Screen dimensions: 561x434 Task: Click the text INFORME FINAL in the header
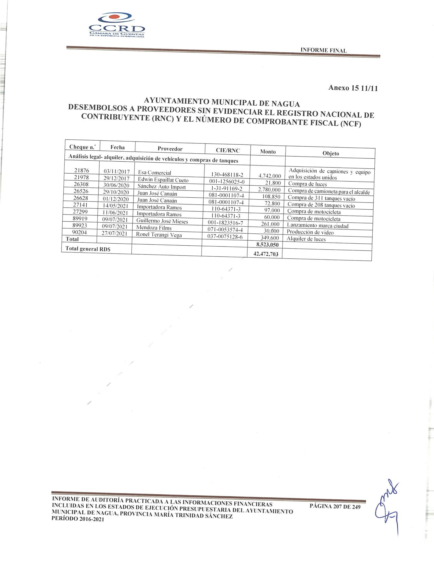(x=323, y=50)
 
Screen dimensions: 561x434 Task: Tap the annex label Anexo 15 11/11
(x=353, y=88)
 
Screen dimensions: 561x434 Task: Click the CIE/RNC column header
(x=227, y=150)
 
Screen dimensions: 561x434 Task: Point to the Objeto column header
(x=331, y=153)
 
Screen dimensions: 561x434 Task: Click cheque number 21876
(x=82, y=170)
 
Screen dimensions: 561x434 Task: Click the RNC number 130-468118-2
(x=227, y=175)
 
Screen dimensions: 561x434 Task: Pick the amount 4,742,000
(x=269, y=176)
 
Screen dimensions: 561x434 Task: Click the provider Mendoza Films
(x=154, y=228)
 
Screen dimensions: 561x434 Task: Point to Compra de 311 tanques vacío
(x=321, y=198)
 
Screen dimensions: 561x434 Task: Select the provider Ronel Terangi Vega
(x=159, y=234)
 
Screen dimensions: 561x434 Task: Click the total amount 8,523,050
(x=267, y=245)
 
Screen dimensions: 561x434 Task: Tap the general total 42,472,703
(x=266, y=254)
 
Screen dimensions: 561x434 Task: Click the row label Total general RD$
(x=88, y=249)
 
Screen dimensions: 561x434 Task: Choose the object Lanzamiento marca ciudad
(x=317, y=226)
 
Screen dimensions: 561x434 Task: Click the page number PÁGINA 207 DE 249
(x=335, y=506)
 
